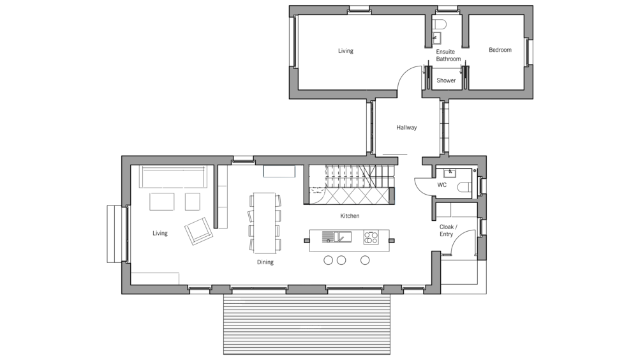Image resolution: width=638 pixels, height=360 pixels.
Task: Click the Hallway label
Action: coord(406,128)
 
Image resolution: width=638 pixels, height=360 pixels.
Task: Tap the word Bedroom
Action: coord(500,50)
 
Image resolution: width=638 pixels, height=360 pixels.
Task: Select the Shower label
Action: coord(446,80)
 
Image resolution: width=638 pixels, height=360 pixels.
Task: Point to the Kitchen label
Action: coord(350,216)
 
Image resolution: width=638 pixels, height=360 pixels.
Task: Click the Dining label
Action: coord(265,262)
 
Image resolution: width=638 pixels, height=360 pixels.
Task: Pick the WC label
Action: coord(442,185)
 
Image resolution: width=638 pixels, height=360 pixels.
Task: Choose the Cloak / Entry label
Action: coord(448,230)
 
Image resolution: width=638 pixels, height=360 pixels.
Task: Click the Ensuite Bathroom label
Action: coord(448,56)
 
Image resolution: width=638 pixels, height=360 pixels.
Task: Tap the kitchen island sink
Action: coord(337,237)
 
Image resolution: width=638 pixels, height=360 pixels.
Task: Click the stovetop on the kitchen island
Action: coord(371,237)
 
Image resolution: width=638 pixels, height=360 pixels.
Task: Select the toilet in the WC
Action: coord(464,187)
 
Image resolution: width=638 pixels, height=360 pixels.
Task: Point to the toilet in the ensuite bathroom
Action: coord(440,24)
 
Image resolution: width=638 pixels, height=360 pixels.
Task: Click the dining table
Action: coord(265,222)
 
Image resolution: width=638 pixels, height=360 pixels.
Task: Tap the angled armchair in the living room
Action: coord(198,231)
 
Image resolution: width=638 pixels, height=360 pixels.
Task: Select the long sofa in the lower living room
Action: coord(174,176)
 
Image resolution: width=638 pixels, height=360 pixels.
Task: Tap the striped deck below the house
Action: coord(307,324)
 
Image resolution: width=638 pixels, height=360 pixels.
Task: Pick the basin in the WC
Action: coord(450,173)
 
